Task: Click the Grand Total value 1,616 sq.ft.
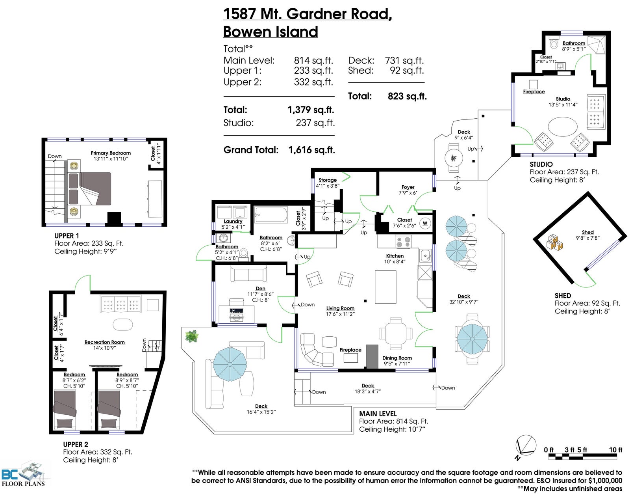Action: click(x=312, y=150)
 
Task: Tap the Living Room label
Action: click(x=340, y=308)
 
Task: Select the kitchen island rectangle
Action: click(x=385, y=287)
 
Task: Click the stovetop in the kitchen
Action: click(x=403, y=242)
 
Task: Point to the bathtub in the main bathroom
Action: click(x=271, y=214)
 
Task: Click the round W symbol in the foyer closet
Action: click(x=425, y=223)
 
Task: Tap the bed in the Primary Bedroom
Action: click(x=90, y=189)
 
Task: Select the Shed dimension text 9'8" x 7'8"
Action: click(x=587, y=238)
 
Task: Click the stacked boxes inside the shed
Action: click(x=554, y=242)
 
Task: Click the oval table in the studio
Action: click(x=562, y=127)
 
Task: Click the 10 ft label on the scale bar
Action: click(x=615, y=449)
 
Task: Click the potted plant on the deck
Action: click(x=191, y=336)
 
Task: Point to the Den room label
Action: click(x=260, y=288)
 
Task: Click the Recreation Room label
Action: click(x=105, y=342)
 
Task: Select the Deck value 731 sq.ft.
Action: click(x=404, y=60)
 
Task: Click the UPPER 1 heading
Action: click(x=67, y=236)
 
